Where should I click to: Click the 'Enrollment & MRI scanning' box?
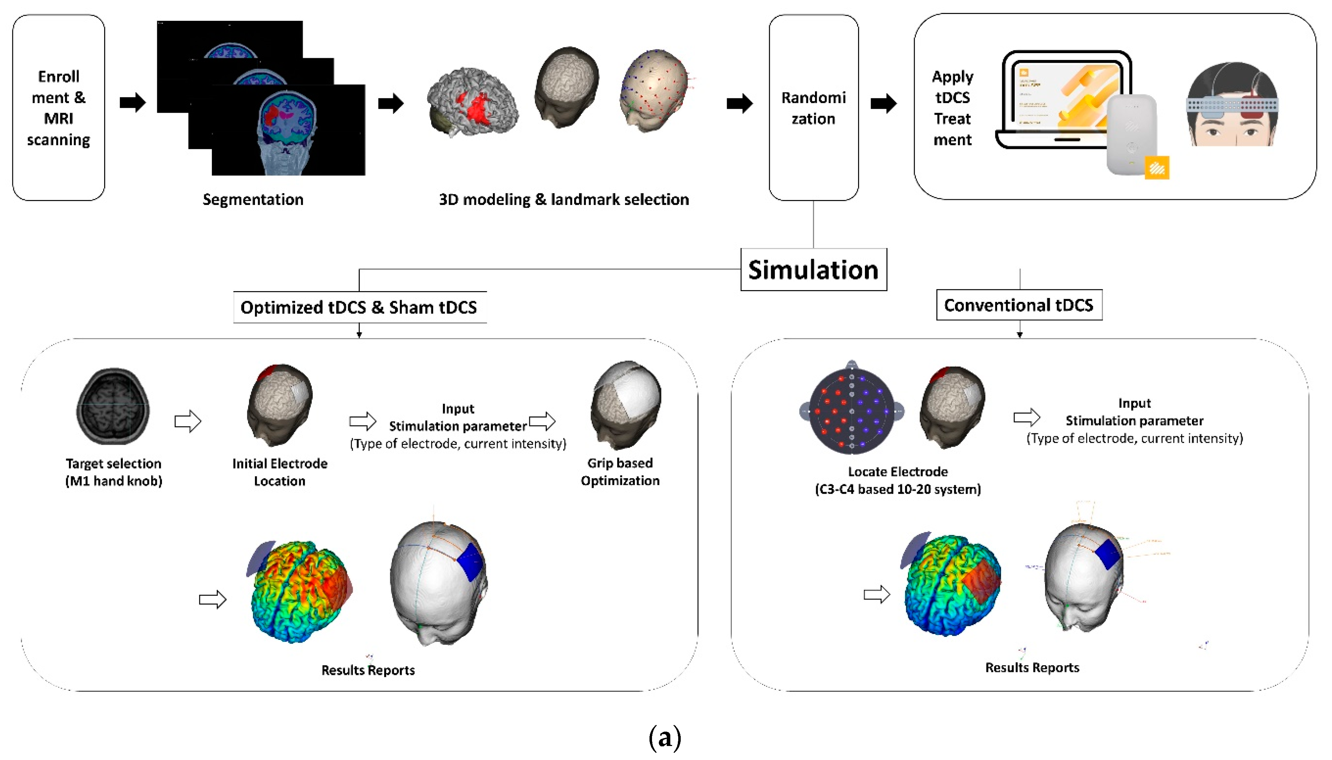[59, 108]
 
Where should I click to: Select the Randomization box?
[813, 108]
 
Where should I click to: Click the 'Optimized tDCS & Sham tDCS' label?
[359, 307]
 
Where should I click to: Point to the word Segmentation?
[253, 199]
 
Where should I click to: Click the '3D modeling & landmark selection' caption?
[564, 199]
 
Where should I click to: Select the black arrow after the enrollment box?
[132, 102]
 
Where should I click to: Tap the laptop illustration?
[1059, 99]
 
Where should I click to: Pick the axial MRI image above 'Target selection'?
[113, 406]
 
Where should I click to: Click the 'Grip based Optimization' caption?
[620, 471]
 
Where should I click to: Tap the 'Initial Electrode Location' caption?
[280, 472]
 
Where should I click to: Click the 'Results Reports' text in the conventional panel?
[1032, 668]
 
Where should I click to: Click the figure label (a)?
[665, 737]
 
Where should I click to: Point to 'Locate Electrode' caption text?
[898, 472]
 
